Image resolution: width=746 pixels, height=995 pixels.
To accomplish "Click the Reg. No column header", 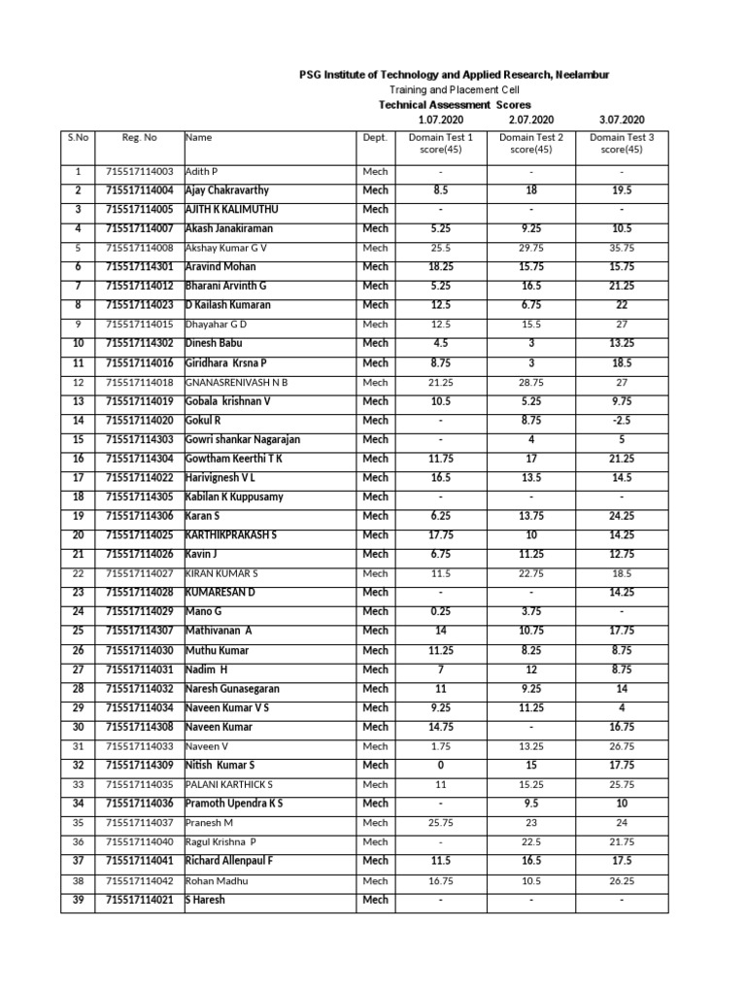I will click(x=140, y=138).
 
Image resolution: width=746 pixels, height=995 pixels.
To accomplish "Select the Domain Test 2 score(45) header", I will click(x=531, y=144).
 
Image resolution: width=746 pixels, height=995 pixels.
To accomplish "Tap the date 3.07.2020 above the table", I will click(x=622, y=120).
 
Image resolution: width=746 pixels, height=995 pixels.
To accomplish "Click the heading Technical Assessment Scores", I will click(x=454, y=104).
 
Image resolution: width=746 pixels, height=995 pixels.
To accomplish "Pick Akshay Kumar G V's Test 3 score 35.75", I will click(x=622, y=248).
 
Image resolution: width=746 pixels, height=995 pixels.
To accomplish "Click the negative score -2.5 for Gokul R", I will click(x=622, y=420).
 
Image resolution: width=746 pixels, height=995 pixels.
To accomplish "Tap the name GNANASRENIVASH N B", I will click(x=236, y=382).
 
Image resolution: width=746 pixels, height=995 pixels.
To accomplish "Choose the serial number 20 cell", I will click(x=78, y=534).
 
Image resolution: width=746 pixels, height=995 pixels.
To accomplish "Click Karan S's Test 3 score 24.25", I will click(x=622, y=516).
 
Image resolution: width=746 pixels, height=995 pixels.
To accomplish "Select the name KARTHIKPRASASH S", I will click(x=230, y=534).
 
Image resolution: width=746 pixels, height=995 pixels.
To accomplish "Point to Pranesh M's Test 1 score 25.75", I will click(x=441, y=822).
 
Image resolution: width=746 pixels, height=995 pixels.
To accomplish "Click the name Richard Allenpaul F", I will click(x=228, y=861).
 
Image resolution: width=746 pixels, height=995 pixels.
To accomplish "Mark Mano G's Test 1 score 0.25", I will click(x=441, y=611).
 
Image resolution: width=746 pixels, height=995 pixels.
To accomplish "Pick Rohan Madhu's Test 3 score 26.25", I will click(x=622, y=880).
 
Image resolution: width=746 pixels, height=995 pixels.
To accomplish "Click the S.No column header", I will click(x=78, y=138).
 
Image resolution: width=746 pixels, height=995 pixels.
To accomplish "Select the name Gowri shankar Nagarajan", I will click(x=242, y=439).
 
